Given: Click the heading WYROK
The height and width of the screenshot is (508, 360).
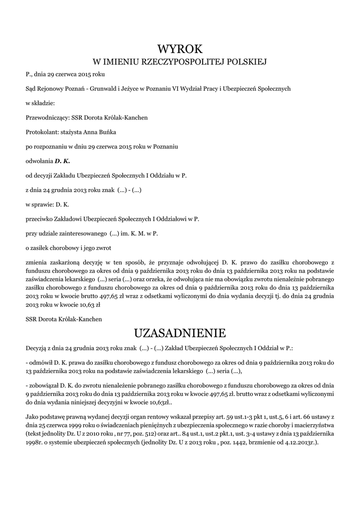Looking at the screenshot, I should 180,49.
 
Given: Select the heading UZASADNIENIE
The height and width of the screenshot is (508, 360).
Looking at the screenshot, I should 180,332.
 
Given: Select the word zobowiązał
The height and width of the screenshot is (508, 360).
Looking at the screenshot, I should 44,385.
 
